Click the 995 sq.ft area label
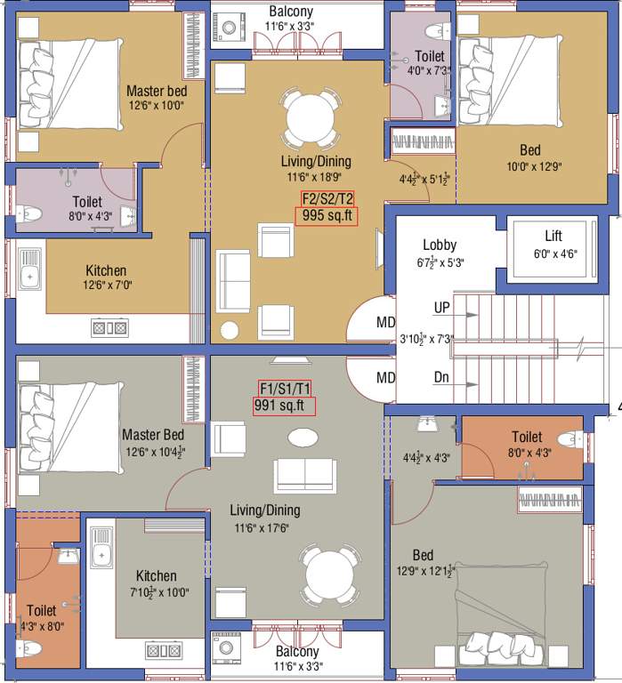point(326,215)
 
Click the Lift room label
point(553,237)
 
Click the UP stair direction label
point(441,308)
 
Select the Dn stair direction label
point(441,377)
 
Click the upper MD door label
point(385,321)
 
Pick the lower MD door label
point(385,378)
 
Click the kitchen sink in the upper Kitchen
point(30,276)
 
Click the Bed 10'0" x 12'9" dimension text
point(530,165)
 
